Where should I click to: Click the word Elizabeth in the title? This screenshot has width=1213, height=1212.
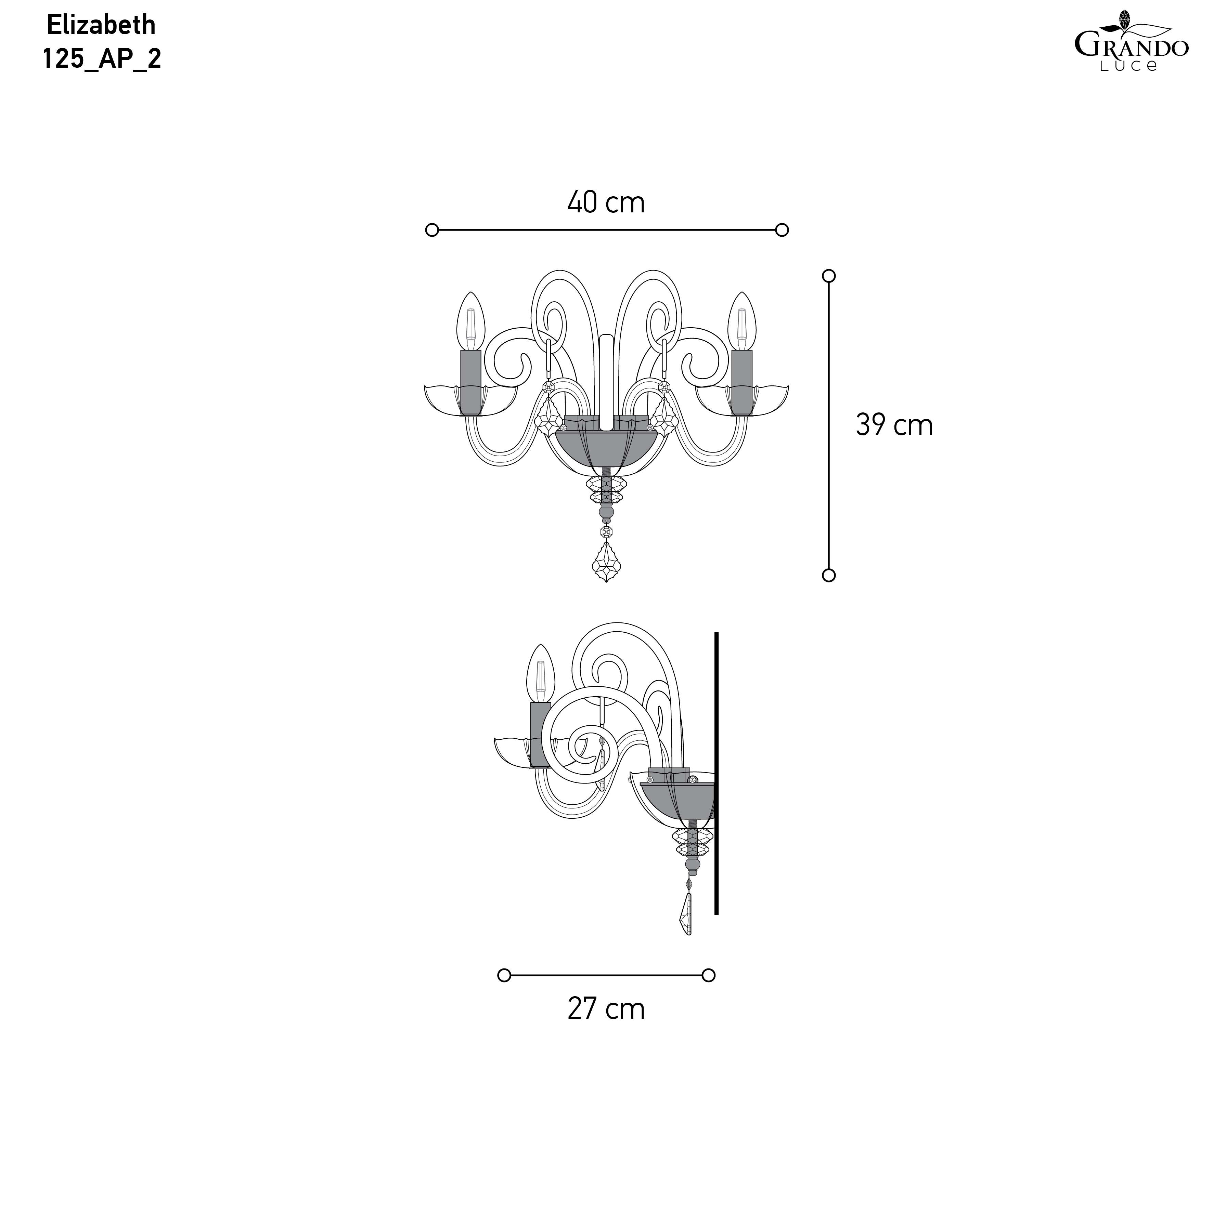point(101,25)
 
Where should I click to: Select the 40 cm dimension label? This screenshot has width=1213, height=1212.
point(606,202)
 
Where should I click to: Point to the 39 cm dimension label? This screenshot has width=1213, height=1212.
point(894,425)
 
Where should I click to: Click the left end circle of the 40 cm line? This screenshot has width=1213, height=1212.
point(432,230)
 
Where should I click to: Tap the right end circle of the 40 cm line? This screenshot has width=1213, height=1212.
point(782,230)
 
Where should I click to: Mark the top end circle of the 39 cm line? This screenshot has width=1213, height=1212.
point(829,276)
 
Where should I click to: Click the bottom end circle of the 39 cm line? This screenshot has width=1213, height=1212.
point(829,575)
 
